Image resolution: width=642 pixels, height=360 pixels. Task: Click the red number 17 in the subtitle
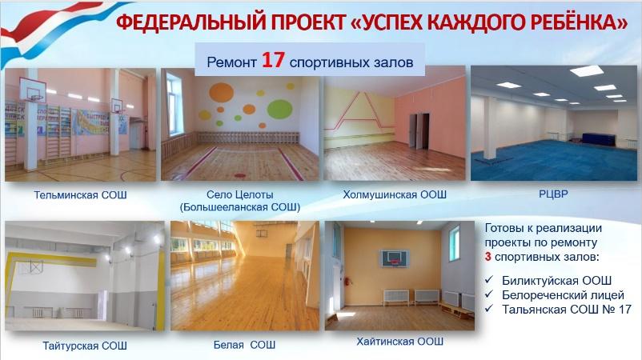point(273,61)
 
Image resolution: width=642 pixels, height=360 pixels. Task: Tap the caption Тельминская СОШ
point(80,194)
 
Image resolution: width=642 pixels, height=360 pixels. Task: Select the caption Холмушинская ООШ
point(395,194)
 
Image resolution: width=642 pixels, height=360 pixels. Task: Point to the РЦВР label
point(553,194)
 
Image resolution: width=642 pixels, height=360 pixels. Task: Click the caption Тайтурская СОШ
point(85,346)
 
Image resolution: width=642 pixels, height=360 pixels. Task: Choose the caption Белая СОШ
point(244,345)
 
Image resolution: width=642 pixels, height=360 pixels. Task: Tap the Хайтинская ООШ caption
point(399,341)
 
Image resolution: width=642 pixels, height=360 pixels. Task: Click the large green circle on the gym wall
point(279,109)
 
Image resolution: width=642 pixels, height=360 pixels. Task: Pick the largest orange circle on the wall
point(221,92)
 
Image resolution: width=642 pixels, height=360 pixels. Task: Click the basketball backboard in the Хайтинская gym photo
point(395,258)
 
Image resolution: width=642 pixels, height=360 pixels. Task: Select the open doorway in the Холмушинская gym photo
point(419,131)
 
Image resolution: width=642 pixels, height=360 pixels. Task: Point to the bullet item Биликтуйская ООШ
point(556,281)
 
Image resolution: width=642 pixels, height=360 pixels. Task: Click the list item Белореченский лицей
point(563,295)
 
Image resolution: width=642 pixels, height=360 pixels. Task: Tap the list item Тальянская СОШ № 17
point(567,310)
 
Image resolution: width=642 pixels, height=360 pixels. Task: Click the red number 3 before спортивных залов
point(488,258)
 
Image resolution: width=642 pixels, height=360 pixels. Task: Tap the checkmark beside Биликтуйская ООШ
point(489,280)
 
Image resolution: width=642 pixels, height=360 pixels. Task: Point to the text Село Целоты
point(239,194)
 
